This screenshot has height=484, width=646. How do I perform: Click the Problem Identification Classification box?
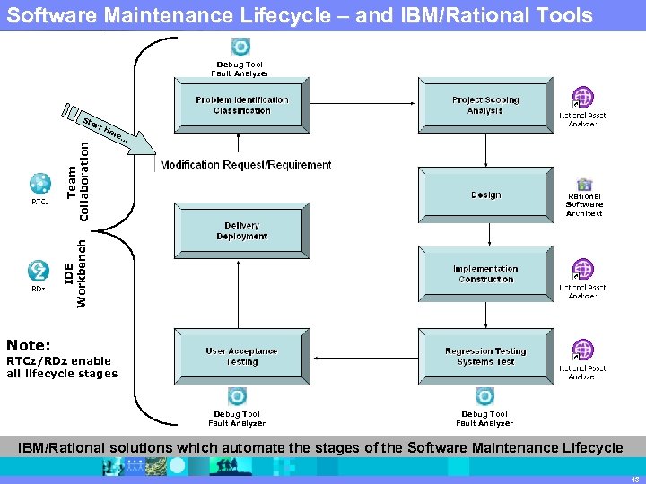pyautogui.click(x=241, y=105)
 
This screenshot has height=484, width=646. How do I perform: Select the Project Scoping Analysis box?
pyautogui.click(x=484, y=105)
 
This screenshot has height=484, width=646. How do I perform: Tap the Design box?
pyautogui.click(x=484, y=194)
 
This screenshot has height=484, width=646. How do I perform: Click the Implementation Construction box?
pyautogui.click(x=484, y=273)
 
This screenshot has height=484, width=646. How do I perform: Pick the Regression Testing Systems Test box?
pyautogui.click(x=484, y=356)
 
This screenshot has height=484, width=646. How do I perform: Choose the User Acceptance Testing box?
pyautogui.click(x=241, y=356)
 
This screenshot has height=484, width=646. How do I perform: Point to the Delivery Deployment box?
pyautogui.click(x=241, y=230)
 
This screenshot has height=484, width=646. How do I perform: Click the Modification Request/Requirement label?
pyautogui.click(x=245, y=165)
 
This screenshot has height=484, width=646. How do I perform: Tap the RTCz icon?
pyautogui.click(x=39, y=183)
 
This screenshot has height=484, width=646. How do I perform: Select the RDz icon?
pyautogui.click(x=39, y=270)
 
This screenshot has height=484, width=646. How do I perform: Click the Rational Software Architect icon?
pyautogui.click(x=584, y=185)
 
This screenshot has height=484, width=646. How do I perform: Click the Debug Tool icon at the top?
pyautogui.click(x=240, y=48)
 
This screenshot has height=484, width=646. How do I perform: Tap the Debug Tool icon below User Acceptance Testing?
pyautogui.click(x=237, y=396)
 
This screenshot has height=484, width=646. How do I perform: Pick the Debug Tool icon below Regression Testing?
pyautogui.click(x=484, y=396)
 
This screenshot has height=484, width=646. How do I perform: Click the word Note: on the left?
pyautogui.click(x=29, y=345)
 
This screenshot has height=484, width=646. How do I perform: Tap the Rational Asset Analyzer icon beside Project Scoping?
pyautogui.click(x=583, y=98)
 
